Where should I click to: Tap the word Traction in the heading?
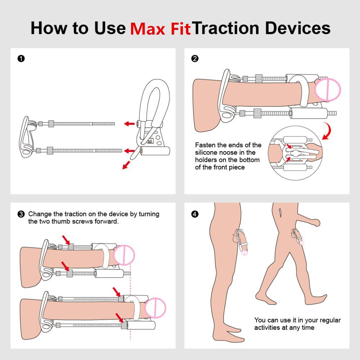225,28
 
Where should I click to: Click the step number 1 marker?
21,59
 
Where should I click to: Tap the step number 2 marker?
195,59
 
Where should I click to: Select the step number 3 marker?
21,214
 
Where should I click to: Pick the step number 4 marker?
195,214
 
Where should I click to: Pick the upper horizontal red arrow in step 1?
129,124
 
